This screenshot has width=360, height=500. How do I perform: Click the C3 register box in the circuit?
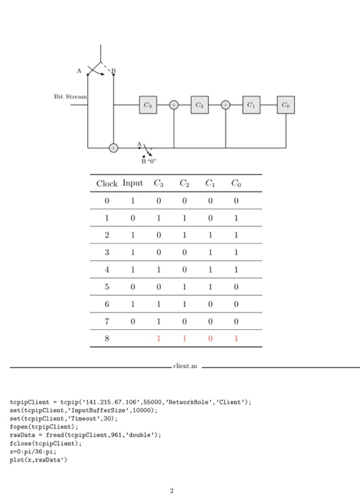(148, 105)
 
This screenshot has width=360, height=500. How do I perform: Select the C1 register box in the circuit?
(251, 105)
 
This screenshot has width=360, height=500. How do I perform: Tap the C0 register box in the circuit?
(285, 105)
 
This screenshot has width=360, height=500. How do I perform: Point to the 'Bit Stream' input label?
(70, 96)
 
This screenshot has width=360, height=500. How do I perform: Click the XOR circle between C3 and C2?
(174, 105)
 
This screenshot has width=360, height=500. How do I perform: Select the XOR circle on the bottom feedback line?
(114, 148)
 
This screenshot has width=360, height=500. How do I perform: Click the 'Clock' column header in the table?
(108, 184)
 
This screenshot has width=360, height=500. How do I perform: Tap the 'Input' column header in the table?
(132, 184)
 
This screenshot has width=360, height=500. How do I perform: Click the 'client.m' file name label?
(184, 367)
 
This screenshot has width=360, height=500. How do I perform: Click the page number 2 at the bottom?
(171, 491)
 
